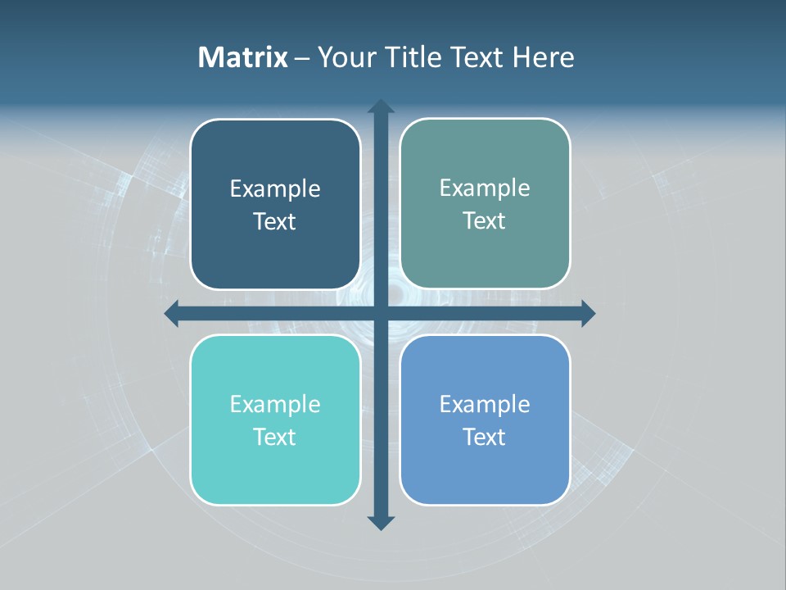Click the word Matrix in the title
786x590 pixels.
(x=242, y=57)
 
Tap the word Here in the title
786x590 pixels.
(x=544, y=57)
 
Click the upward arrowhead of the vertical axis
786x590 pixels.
(x=381, y=107)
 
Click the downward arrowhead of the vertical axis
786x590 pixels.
(x=381, y=522)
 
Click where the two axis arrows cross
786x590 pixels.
(x=381, y=313)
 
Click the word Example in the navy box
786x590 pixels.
(x=275, y=189)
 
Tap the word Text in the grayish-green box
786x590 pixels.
(x=485, y=221)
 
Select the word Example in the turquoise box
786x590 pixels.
(x=275, y=404)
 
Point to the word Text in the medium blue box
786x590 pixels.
(x=485, y=437)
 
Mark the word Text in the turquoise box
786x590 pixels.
(x=275, y=437)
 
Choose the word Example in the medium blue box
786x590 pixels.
(x=485, y=404)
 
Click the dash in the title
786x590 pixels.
(x=302, y=59)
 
